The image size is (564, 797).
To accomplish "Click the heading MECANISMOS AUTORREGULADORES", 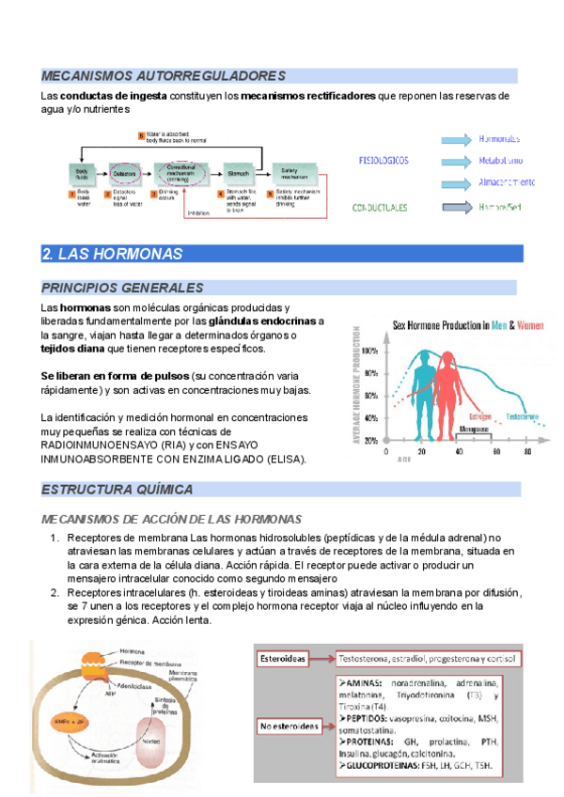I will (163, 75).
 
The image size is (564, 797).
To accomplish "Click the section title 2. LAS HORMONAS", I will (112, 254).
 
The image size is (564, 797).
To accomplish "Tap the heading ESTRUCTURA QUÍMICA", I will (117, 490).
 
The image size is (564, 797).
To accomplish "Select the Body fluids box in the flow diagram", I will (82, 174).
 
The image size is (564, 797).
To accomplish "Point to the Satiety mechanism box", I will (294, 174).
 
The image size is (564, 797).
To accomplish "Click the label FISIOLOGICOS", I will (384, 161).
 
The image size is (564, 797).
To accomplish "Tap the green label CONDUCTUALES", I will (380, 208).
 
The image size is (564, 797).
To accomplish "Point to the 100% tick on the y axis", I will (370, 351).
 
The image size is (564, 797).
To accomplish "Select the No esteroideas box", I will (289, 727).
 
